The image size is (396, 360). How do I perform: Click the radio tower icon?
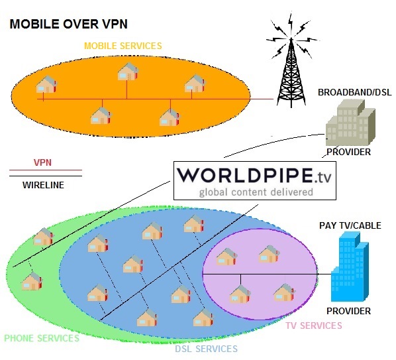point(291,61)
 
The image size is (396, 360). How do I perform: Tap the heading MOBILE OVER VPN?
point(68,24)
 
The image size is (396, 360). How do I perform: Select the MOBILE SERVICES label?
point(123,46)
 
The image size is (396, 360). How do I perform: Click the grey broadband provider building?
point(350,123)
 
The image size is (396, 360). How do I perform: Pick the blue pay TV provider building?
point(350,267)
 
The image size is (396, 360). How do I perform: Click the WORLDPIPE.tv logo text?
point(254,175)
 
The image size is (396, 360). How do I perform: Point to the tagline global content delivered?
point(256,192)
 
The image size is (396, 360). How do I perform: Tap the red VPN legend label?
point(42,162)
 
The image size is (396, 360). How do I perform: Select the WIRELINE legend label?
point(43,185)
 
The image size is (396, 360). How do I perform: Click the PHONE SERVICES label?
point(42,338)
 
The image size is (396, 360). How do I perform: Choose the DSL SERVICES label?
point(207,349)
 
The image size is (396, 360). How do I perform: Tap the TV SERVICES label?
point(314,326)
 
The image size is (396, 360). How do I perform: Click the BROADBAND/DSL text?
point(354,92)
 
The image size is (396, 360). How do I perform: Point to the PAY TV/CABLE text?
point(350,225)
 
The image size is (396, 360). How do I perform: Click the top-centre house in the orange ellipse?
point(128,72)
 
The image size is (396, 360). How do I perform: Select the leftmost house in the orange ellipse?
point(46,84)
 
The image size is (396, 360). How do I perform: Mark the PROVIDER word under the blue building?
point(348,311)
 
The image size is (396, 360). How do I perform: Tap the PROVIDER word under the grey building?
point(348,152)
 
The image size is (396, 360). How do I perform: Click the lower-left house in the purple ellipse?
point(240,294)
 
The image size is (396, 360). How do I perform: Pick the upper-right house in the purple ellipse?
point(270,254)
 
